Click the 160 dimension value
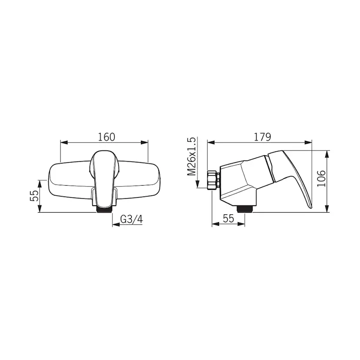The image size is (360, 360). pyautogui.click(x=107, y=137)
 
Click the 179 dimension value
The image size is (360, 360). pyautogui.click(x=263, y=137)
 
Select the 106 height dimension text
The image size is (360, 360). pyautogui.click(x=321, y=179)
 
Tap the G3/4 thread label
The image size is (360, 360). pyautogui.click(x=132, y=220)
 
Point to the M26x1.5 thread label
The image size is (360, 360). pyautogui.click(x=191, y=157)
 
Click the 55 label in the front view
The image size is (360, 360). pyautogui.click(x=34, y=196)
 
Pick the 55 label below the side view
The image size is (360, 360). pyautogui.click(x=228, y=218)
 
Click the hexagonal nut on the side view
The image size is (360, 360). pyautogui.click(x=214, y=180)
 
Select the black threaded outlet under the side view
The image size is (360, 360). pyautogui.click(x=245, y=209)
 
